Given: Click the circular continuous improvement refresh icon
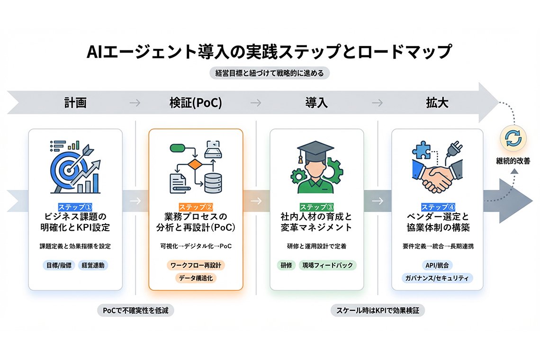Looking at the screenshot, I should (513, 138).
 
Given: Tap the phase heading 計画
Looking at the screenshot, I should (75, 102).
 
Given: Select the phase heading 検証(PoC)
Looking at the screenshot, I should (196, 102).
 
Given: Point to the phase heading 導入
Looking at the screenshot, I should (316, 102).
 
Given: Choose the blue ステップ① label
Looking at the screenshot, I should (75, 207).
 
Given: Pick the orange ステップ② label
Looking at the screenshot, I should (196, 207).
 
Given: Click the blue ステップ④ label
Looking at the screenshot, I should (438, 207).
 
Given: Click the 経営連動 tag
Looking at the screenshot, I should (93, 265).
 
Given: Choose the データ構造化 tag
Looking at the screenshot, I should (196, 278).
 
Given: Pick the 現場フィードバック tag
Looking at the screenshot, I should (328, 265).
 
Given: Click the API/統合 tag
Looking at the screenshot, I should (437, 265).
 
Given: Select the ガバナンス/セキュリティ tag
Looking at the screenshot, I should (437, 278).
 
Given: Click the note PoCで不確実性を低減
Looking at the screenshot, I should (136, 311).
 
